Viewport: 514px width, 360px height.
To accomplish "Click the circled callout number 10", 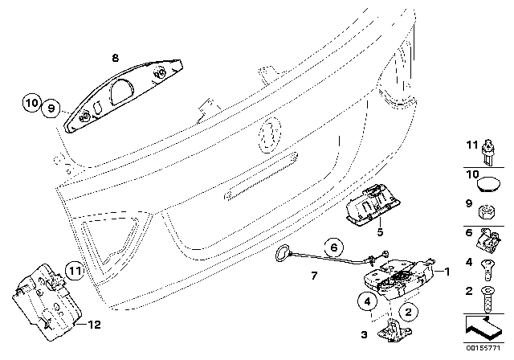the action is (32, 103).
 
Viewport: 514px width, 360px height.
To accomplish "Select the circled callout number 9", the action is (51, 108).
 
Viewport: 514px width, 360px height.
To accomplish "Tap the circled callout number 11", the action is (75, 271).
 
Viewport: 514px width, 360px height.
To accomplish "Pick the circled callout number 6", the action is (334, 247).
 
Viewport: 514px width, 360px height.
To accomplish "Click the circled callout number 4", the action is (368, 301).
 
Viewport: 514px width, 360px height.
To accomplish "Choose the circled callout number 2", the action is (408, 312).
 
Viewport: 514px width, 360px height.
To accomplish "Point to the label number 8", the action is (115, 59).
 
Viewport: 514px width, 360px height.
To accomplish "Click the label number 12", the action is (94, 325).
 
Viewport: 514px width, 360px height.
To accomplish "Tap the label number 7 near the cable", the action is (314, 276).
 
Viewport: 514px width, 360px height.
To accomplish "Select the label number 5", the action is (380, 232).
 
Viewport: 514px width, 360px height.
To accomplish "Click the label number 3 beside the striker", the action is (364, 335).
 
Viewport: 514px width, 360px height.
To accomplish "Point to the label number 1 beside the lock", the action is (447, 271).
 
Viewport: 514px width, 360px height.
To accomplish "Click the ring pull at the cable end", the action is (283, 254).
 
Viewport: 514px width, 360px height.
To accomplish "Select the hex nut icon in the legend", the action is (487, 212).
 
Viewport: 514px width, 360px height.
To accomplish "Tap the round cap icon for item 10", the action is (488, 184).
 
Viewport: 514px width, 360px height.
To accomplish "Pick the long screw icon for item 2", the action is (487, 298).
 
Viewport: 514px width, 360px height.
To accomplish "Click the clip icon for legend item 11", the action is (489, 152).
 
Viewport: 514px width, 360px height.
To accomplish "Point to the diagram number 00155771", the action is (483, 347).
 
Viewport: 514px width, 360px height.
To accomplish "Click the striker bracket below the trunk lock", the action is (394, 330).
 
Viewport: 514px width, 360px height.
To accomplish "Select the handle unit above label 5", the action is (373, 205).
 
